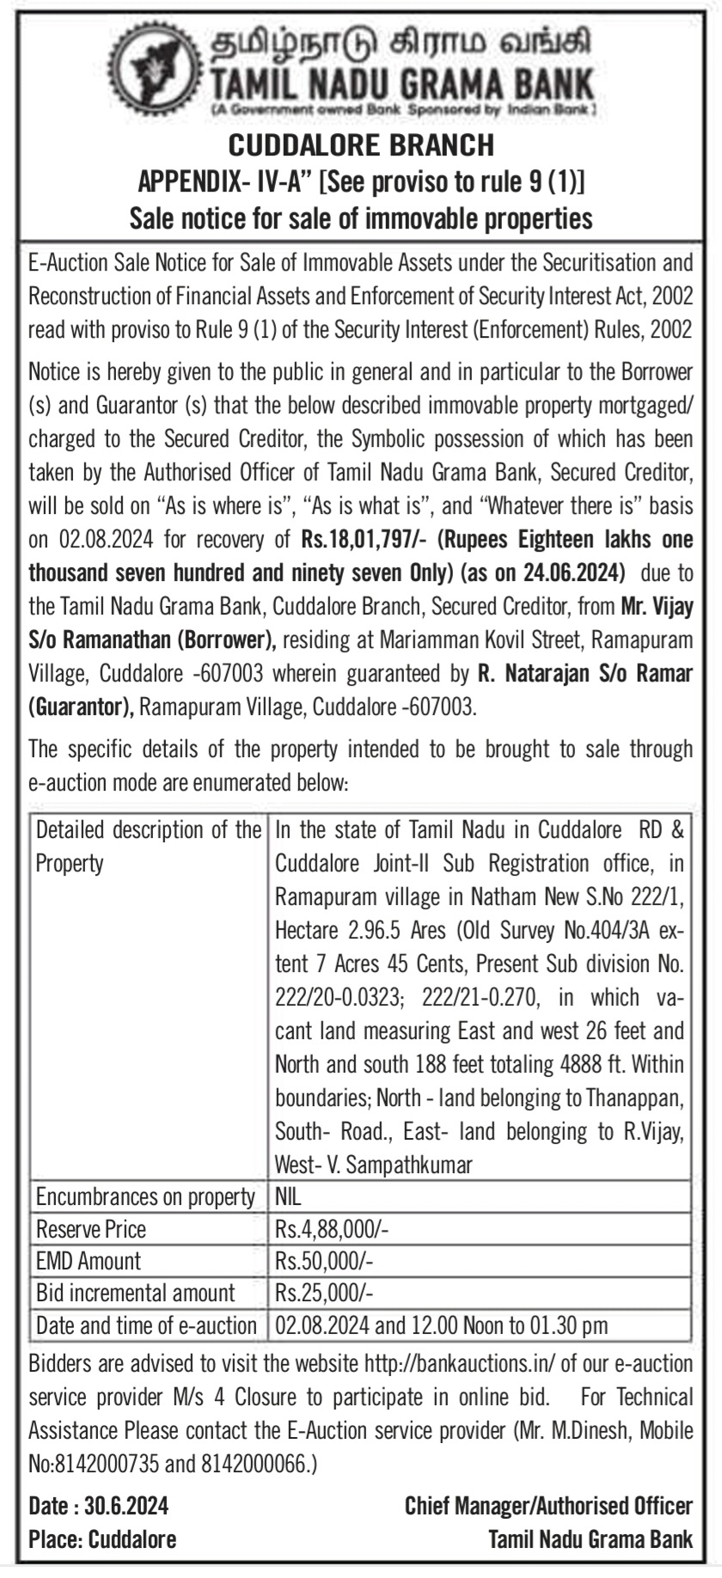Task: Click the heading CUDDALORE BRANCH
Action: pyautogui.click(x=360, y=144)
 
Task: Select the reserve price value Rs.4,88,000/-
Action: pyautogui.click(x=332, y=1229)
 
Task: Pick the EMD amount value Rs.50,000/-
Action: pyautogui.click(x=325, y=1261)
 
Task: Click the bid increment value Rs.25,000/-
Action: pyautogui.click(x=325, y=1293)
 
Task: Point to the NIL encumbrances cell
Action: pyautogui.click(x=289, y=1196)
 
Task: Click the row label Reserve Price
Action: pyautogui.click(x=90, y=1229)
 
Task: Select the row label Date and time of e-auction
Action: pyautogui.click(x=146, y=1325)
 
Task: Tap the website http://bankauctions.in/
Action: pyautogui.click(x=459, y=1364)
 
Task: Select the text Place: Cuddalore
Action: pyautogui.click(x=102, y=1538)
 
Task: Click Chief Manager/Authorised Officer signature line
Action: pyautogui.click(x=548, y=1506)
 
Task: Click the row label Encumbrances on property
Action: pyautogui.click(x=145, y=1196)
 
